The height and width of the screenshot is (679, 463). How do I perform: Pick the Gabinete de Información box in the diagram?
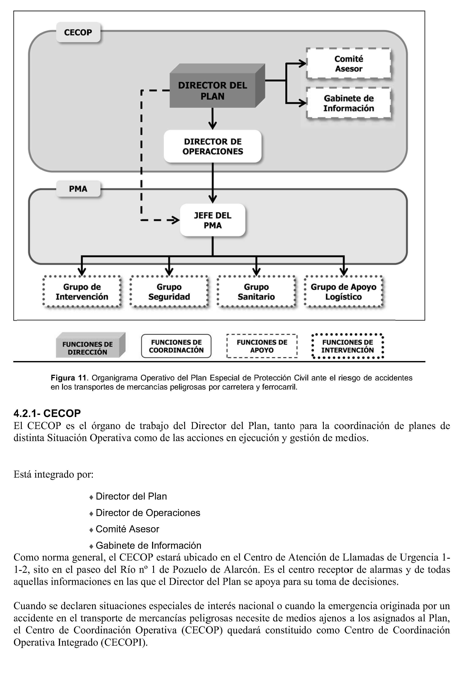point(349,103)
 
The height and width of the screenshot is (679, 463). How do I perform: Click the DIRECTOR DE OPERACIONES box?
point(212,146)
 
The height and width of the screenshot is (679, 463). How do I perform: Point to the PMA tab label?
point(78,189)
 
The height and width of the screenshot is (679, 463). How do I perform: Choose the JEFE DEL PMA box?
point(212,220)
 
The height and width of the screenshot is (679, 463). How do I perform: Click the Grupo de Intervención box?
point(82,292)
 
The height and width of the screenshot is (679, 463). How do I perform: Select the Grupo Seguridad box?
point(169,292)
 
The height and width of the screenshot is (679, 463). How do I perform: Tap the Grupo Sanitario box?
point(256,292)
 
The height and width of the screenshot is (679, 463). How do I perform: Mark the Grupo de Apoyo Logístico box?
point(343,292)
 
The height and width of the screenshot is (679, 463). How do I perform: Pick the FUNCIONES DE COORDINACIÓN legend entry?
point(176,346)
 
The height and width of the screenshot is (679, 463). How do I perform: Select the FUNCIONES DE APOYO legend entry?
point(262,346)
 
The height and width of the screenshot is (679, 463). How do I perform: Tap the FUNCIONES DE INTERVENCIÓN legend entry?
point(347,346)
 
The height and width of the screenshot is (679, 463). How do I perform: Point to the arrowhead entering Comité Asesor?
point(302,63)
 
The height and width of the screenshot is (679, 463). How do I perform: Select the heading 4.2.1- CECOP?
point(47,413)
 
